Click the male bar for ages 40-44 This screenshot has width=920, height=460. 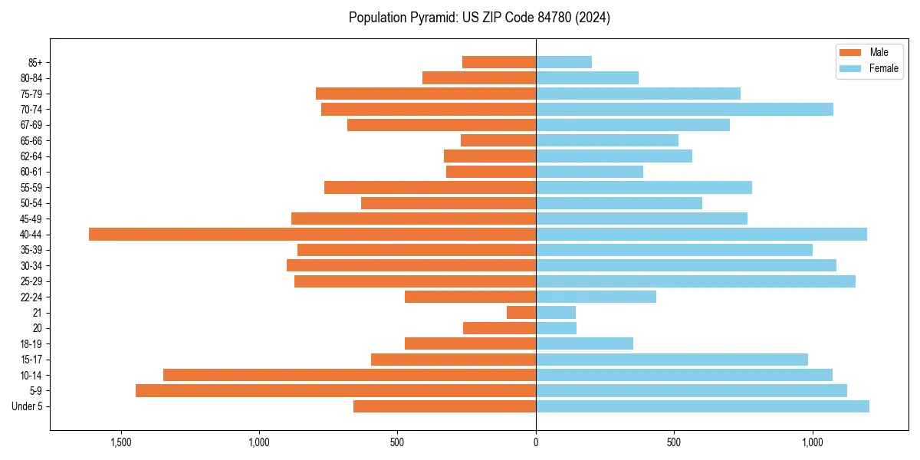pos(312,234)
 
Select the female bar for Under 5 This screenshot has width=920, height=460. pos(702,406)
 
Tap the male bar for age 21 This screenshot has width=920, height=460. pos(521,313)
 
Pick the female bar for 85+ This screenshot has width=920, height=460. pos(563,62)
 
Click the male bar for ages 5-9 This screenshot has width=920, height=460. pos(336,391)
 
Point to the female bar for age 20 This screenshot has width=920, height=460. pos(556,328)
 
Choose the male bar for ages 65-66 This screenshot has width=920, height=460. pos(498,140)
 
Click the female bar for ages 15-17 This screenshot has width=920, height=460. pos(672,360)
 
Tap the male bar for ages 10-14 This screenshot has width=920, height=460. pos(350,375)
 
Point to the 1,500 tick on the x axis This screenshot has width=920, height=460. pos(121,442)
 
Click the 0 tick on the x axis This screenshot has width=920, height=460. pos(536,442)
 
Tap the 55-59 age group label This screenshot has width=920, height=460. pos(31,188)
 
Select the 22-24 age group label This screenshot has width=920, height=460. pos(31,297)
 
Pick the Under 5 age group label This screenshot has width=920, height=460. pos(27,406)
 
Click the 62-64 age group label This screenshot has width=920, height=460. pos(31,156)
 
